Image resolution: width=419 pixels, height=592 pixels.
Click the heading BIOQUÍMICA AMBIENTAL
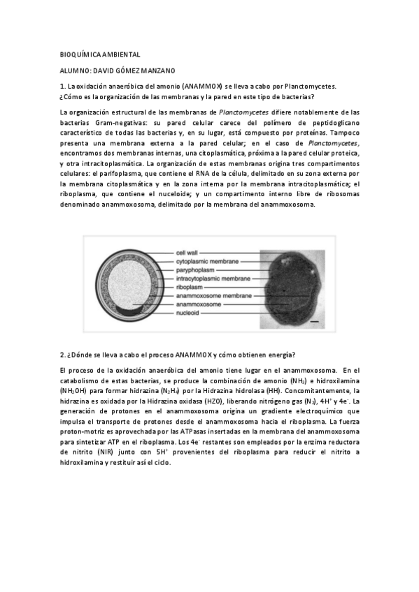click(x=100, y=54)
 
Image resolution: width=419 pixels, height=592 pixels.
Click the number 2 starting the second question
click(x=62, y=354)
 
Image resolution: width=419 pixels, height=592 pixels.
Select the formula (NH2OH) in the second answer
click(x=75, y=392)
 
